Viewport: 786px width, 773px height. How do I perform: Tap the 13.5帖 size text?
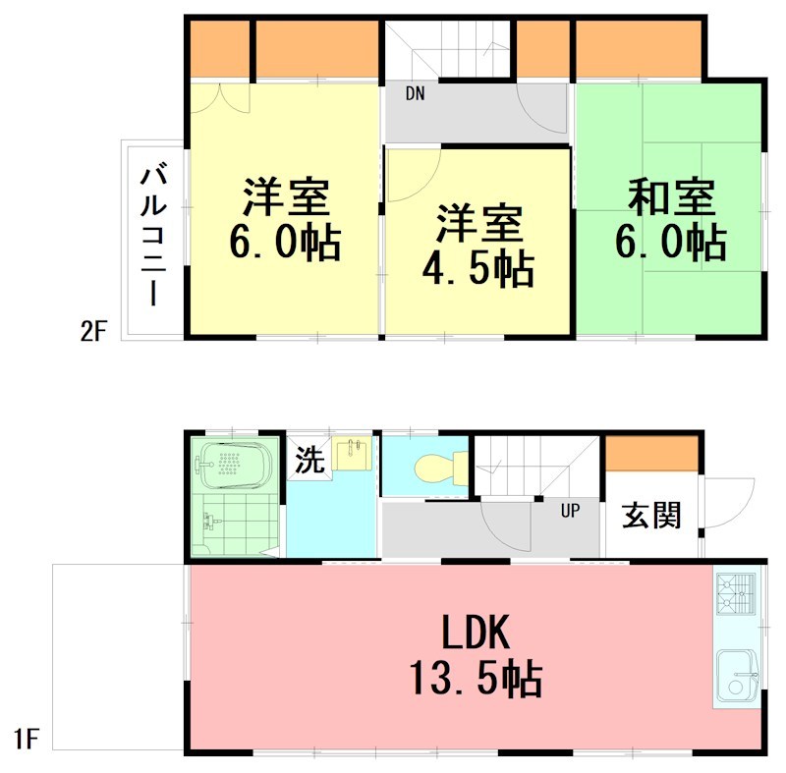(475, 678)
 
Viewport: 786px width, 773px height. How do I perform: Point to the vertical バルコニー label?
(153, 236)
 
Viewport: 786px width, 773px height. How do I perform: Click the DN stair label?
(416, 95)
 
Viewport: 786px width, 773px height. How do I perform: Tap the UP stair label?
(570, 511)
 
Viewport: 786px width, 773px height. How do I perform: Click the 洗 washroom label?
(309, 461)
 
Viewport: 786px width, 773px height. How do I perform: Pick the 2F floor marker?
(92, 332)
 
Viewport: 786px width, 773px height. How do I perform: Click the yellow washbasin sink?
(352, 454)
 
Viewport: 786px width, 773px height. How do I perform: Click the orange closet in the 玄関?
(651, 454)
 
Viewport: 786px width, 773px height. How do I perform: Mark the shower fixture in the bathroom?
(207, 522)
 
